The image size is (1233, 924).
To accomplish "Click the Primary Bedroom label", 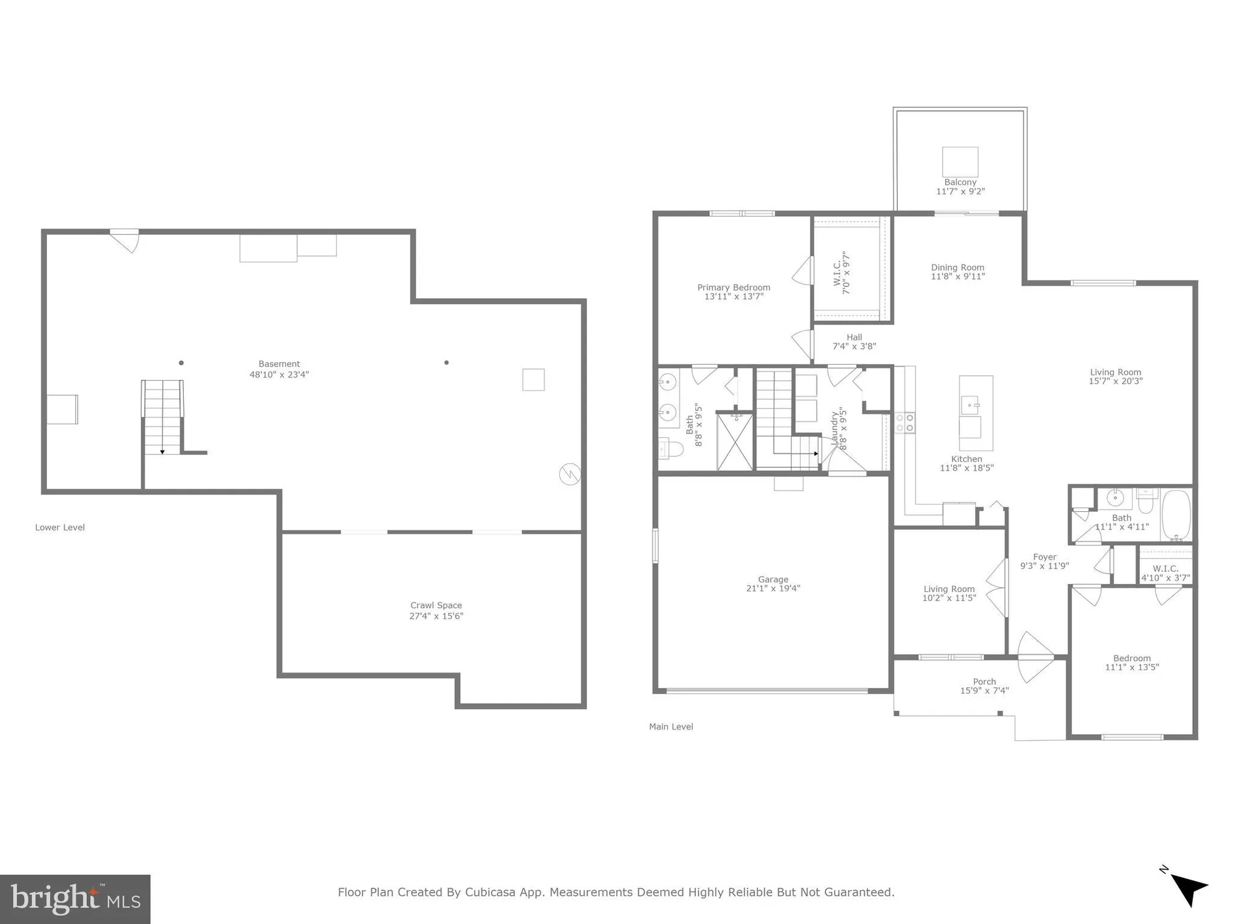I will point(734,288).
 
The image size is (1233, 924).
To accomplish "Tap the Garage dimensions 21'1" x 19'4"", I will point(773,588).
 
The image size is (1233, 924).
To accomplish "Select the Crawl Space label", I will point(436,606).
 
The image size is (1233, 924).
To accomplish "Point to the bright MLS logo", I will point(75,899).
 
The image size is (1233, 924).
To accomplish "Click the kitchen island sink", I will point(970,405).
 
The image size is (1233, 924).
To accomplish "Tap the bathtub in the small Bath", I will point(1176,515).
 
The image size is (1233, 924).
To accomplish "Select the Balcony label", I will point(960,182).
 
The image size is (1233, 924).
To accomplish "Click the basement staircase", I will point(162,418).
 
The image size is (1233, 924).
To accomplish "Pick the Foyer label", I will point(1044,557).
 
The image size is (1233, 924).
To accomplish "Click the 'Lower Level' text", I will point(60,527).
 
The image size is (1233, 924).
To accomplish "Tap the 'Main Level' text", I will point(671,727).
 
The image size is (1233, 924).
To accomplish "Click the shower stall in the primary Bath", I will point(735,442).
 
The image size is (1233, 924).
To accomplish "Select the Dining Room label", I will point(957,267).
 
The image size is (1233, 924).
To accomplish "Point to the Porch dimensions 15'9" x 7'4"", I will point(985,691).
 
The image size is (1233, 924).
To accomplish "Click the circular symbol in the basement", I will point(570,474).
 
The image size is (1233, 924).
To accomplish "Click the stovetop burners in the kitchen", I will point(905,423).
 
